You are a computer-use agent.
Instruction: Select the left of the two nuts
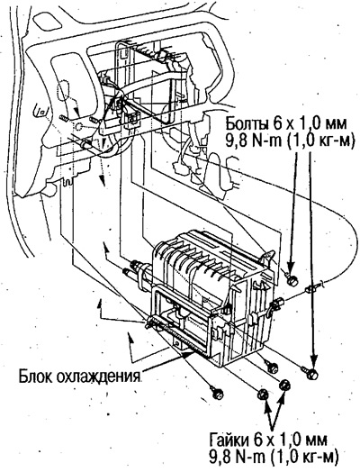click(263, 394)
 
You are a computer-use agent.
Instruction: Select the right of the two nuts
click(284, 385)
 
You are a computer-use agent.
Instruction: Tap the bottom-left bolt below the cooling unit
click(216, 393)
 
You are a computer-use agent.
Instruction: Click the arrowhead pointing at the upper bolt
click(291, 268)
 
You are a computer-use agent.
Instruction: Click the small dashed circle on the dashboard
click(78, 127)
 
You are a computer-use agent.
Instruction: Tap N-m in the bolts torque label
click(266, 141)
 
